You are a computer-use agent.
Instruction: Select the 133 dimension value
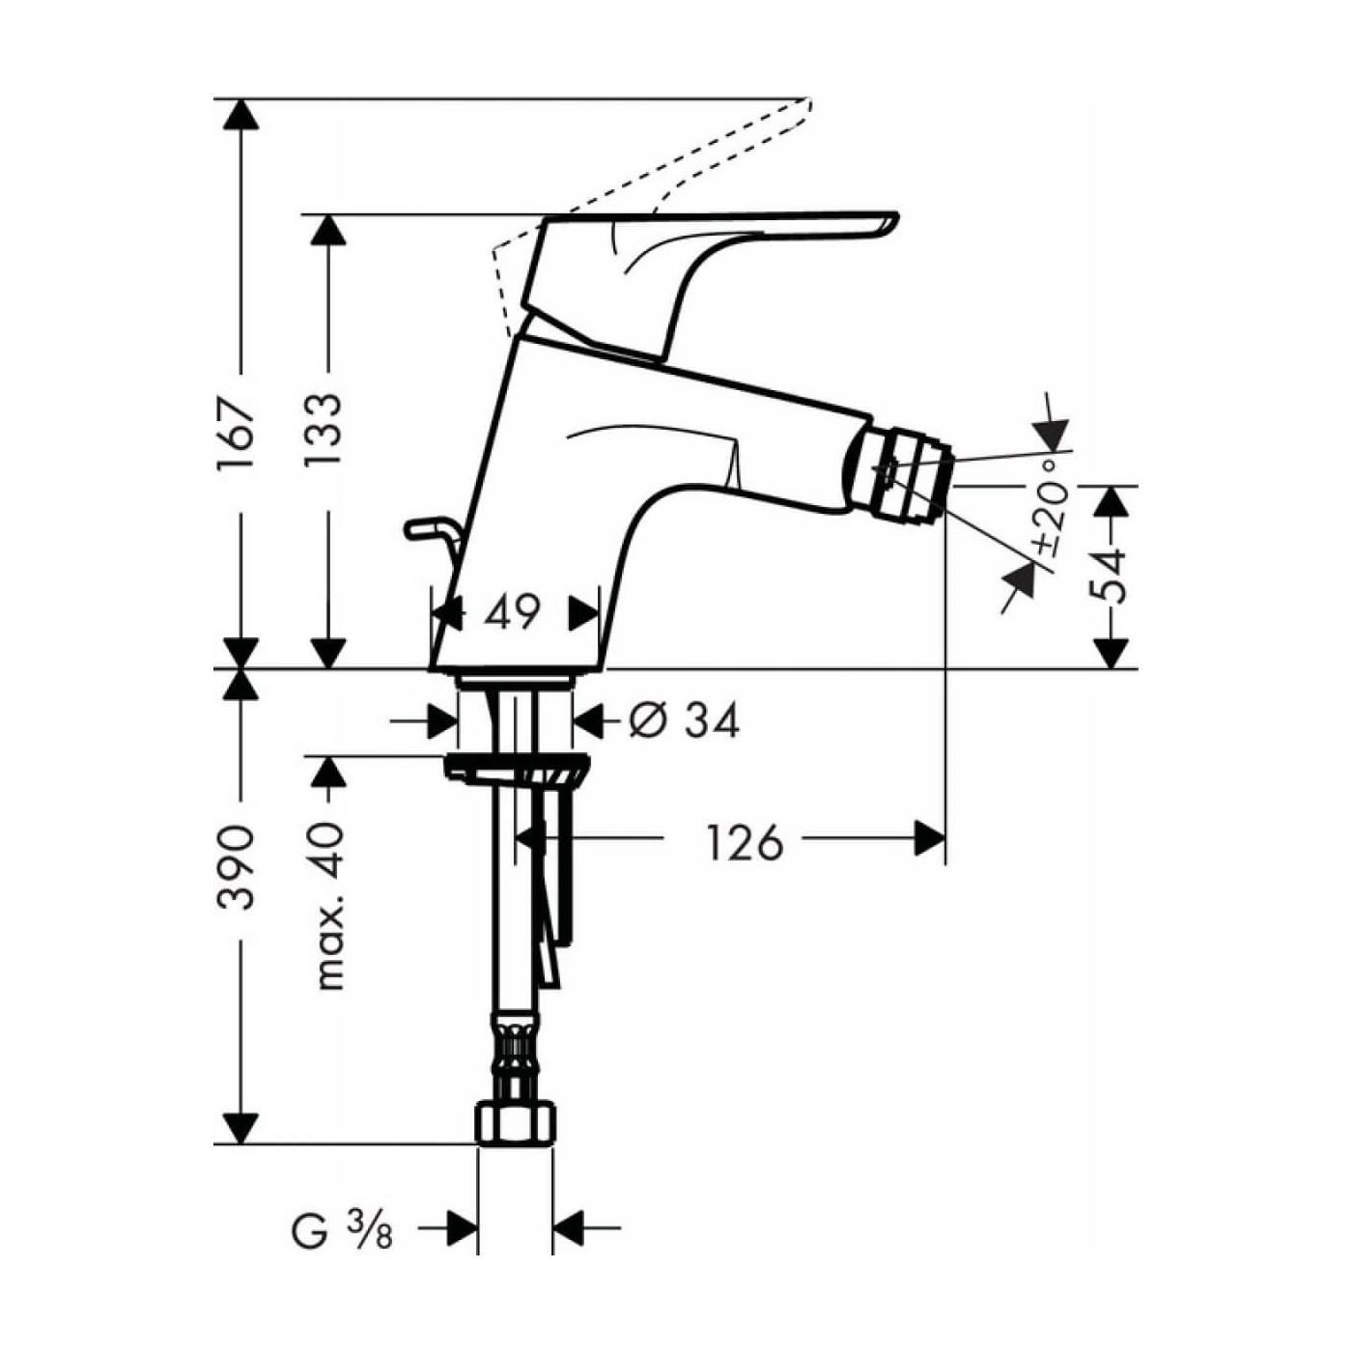coord(326,432)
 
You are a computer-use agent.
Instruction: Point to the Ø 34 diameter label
coord(684,720)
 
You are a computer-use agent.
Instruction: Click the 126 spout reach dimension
coord(744,842)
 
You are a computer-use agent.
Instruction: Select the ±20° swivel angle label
coord(1053,507)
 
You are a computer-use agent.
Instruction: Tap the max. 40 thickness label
coord(328,906)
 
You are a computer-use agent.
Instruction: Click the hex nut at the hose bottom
coord(517,1123)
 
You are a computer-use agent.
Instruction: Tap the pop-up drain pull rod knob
coord(421,527)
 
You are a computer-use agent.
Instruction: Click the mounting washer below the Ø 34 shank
coord(515,770)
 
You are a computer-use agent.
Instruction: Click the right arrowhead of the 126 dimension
coord(930,838)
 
